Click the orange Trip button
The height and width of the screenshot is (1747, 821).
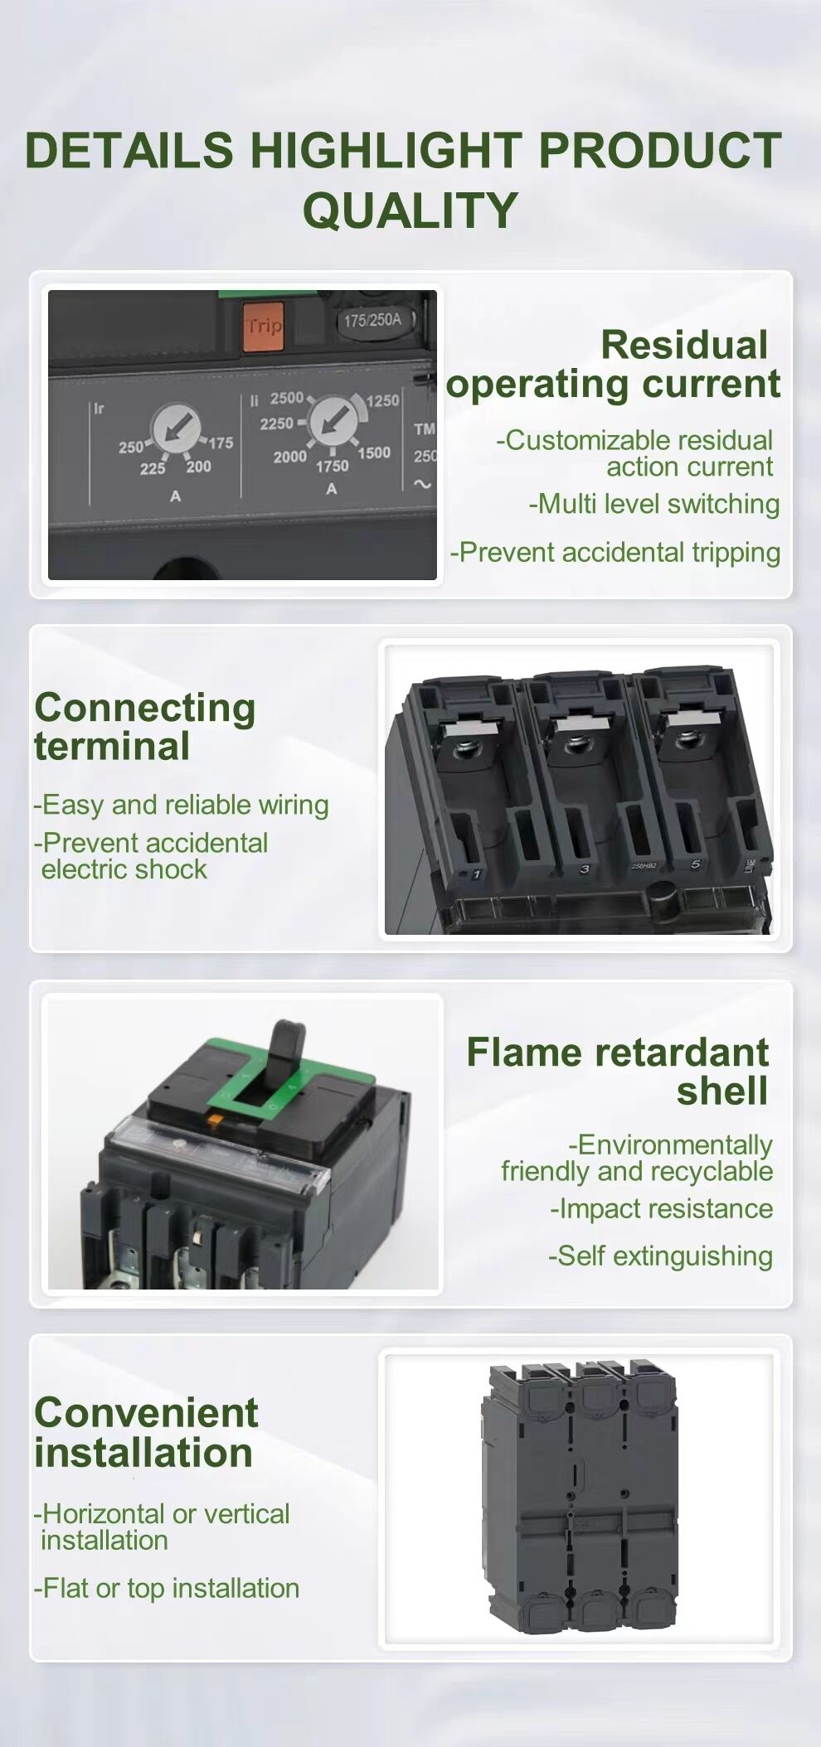263,325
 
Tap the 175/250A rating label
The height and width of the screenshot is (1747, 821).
372,320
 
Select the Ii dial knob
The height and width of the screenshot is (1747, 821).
333,419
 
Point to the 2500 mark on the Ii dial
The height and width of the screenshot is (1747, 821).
286,398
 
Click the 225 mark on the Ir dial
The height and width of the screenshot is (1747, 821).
152,468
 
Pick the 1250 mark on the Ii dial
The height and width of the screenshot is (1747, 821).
382,400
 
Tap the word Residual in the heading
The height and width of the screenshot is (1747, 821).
684,345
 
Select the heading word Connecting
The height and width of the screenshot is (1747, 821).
145,708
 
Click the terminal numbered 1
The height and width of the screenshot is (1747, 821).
477,873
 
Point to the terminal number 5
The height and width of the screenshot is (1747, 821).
695,864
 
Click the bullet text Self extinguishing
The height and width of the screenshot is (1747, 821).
660,1256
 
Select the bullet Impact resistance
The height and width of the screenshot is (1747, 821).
661,1208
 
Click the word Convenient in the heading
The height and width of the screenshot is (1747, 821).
146,1412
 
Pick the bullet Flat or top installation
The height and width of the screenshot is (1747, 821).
167,1588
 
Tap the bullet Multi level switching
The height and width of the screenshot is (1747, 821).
654,504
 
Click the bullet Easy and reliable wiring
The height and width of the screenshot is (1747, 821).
182,805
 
